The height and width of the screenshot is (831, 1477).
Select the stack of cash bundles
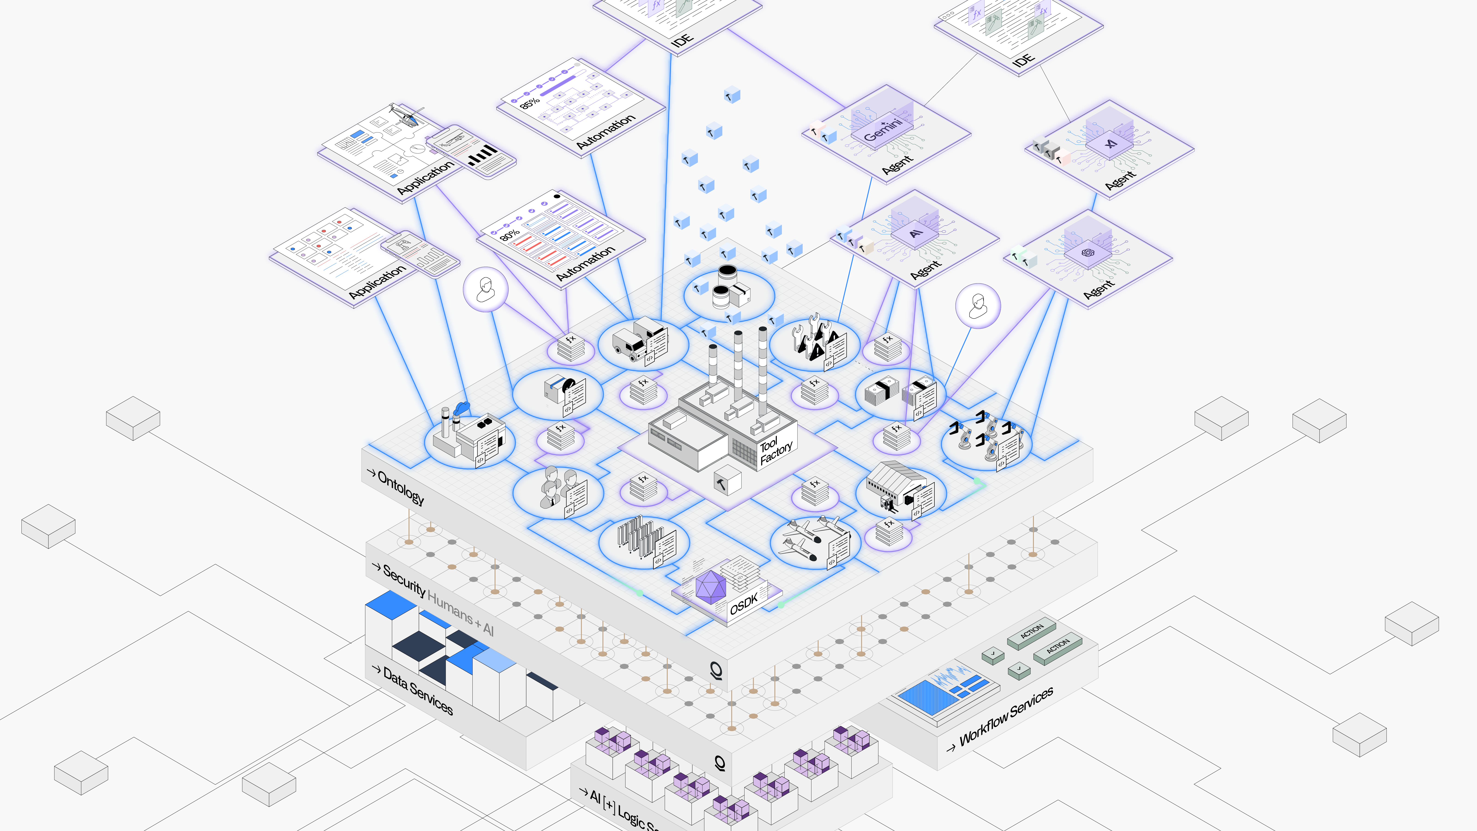[x=882, y=392]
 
